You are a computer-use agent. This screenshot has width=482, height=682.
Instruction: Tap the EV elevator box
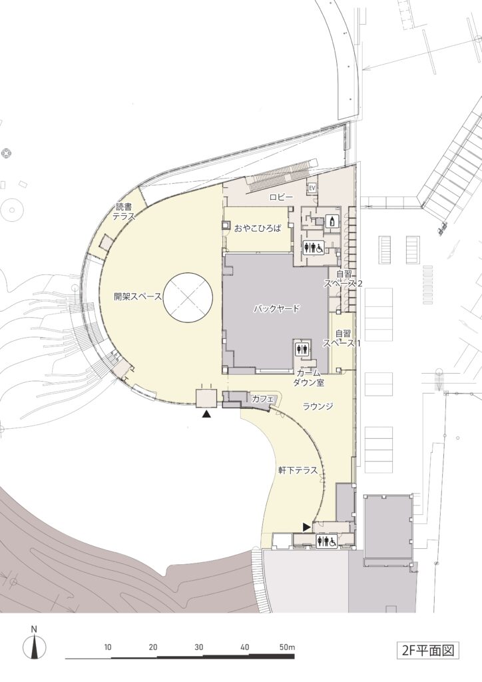[x=312, y=187]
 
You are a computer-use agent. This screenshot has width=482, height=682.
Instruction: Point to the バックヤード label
[x=276, y=309]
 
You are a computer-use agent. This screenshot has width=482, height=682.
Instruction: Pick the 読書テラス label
[x=123, y=212]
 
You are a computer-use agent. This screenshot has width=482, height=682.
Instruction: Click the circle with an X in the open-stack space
[x=188, y=297]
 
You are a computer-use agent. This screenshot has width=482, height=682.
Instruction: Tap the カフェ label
[x=262, y=399]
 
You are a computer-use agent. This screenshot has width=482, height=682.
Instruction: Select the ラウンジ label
[x=318, y=406]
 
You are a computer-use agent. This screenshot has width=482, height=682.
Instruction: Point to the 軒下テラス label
[x=298, y=471]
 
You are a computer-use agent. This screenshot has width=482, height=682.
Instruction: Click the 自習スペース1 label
[x=342, y=338]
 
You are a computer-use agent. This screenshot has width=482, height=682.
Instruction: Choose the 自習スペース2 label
[x=343, y=279]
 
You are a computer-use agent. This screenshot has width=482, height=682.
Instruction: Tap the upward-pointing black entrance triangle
[x=206, y=414]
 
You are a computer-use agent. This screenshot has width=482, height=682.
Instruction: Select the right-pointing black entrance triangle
[x=307, y=527]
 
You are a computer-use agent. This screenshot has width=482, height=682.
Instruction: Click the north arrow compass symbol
[x=34, y=645]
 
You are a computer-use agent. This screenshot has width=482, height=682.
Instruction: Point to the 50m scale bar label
[x=288, y=647]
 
